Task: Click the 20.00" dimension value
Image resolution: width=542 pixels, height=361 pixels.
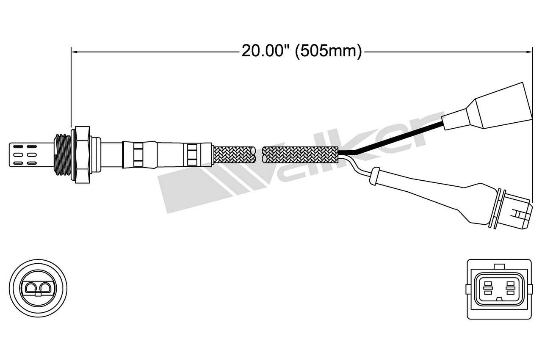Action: click(x=263, y=51)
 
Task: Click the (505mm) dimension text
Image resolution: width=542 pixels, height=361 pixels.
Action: click(x=328, y=52)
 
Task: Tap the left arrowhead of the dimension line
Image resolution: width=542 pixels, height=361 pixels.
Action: click(x=74, y=52)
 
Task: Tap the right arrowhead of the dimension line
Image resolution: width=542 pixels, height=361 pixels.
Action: click(x=529, y=52)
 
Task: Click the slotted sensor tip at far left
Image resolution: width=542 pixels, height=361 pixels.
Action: click(x=31, y=155)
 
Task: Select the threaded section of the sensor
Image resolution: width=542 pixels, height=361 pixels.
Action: click(x=63, y=155)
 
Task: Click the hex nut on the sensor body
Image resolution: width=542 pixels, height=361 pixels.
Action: click(x=83, y=155)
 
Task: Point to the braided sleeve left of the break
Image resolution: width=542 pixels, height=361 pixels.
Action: click(x=234, y=155)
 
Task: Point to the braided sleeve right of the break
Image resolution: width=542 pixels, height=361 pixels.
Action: click(x=300, y=155)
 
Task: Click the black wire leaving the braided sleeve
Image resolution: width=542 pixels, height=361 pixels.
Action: click(x=392, y=139)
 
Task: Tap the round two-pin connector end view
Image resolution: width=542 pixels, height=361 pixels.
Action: click(x=38, y=288)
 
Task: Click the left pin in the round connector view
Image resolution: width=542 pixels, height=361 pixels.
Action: click(x=31, y=287)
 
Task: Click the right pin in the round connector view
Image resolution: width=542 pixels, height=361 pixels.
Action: click(x=45, y=287)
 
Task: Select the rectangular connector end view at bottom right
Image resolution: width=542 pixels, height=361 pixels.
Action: click(x=499, y=289)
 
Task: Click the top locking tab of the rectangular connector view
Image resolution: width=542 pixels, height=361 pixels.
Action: click(x=499, y=267)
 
